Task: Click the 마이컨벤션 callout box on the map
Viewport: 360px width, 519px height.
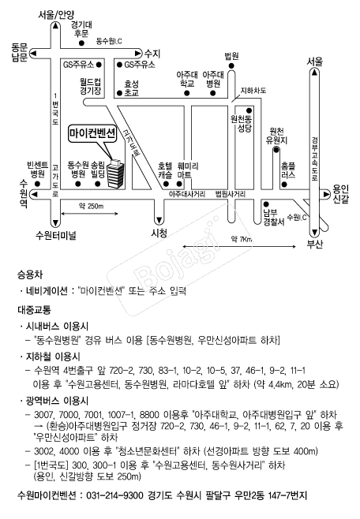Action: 92,134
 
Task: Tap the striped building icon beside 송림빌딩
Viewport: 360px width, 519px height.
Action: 115,174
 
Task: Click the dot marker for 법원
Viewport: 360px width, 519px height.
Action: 231,66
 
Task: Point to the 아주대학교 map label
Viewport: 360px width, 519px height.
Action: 187,80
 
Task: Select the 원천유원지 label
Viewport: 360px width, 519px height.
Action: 276,136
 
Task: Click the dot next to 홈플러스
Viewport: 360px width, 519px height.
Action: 284,184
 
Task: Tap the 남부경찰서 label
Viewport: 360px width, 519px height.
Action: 274,218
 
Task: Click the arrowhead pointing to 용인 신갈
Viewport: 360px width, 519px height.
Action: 326,194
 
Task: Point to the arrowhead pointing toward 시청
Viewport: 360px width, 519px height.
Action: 159,220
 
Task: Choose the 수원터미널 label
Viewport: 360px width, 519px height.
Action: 55,236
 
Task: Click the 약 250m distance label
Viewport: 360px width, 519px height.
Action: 91,206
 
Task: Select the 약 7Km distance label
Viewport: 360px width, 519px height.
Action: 242,239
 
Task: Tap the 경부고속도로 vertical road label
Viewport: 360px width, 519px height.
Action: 314,159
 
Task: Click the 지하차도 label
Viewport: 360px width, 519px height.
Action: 253,91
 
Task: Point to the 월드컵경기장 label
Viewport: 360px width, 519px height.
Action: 90,86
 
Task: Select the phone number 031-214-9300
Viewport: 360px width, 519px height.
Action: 114,495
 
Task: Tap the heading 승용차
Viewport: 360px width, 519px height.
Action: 30,274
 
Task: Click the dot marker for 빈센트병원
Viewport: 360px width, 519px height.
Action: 37,184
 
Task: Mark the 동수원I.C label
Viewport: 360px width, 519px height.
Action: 109,41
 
